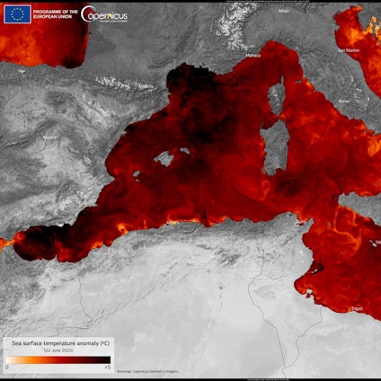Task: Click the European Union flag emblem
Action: (x=16, y=13)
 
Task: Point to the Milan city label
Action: (x=284, y=12)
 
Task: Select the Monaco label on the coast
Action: (x=253, y=55)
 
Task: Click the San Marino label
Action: (x=348, y=50)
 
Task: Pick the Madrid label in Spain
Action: (x=49, y=137)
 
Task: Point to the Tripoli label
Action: (x=357, y=308)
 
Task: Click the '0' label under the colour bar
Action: (x=7, y=368)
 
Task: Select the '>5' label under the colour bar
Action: (x=108, y=368)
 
